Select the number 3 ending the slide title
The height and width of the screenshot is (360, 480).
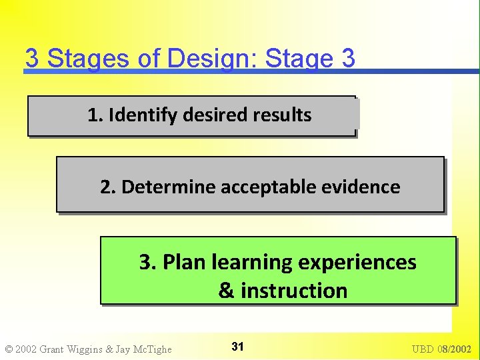point(347,59)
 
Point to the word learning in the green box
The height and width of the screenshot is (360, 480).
point(253,263)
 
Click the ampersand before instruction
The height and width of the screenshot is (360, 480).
point(226,291)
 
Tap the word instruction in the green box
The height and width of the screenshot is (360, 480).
point(294,291)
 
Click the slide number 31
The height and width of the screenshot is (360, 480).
point(237,347)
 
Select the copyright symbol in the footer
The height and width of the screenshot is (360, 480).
point(9,349)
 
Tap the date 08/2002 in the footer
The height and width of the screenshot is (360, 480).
point(455,349)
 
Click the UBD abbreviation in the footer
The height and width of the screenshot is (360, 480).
point(424,349)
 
